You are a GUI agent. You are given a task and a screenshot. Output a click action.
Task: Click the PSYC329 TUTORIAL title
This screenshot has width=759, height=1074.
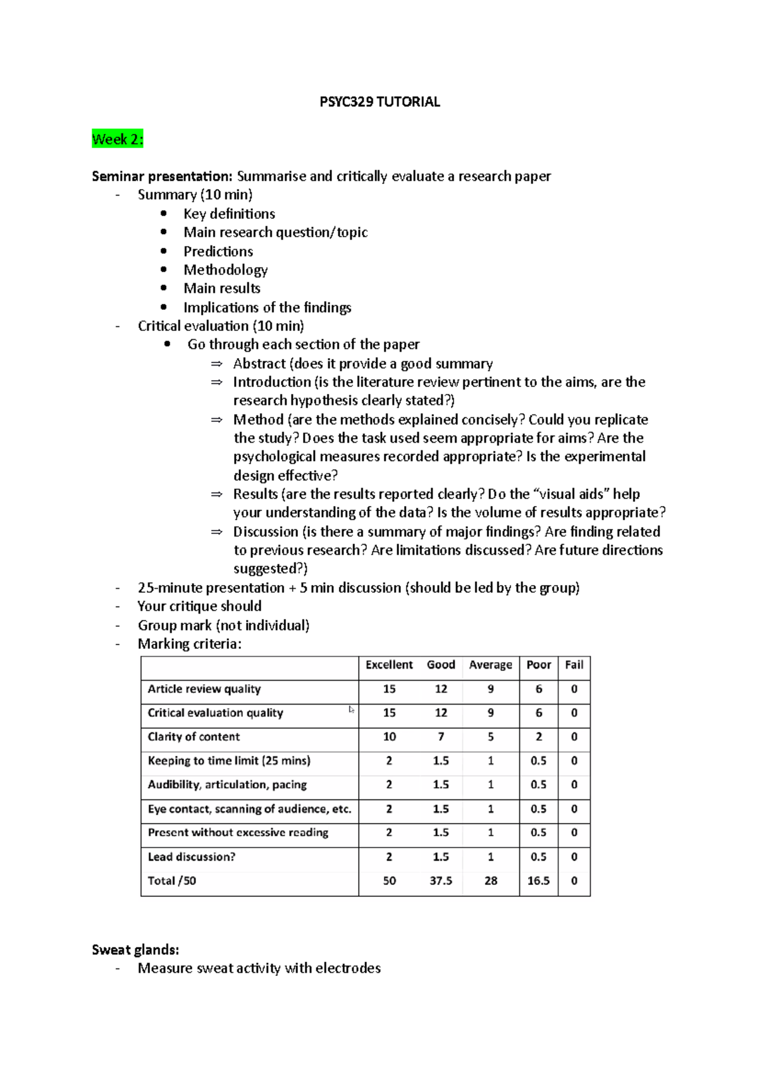coord(379,102)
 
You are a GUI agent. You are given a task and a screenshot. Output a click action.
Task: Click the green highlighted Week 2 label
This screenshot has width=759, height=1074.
coord(118,139)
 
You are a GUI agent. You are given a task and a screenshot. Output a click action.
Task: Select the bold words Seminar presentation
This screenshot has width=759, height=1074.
coord(162,176)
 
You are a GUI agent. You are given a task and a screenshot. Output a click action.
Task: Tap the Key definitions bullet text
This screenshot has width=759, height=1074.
coord(229,214)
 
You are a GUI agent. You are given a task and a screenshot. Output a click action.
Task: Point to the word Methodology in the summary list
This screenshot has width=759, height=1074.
coord(225,270)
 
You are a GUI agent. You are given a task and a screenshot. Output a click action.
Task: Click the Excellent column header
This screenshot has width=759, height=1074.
coord(389,665)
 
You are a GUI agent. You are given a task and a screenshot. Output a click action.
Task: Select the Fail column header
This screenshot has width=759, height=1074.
coord(574,665)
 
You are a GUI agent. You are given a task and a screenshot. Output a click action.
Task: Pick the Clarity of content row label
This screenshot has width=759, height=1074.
coord(194,737)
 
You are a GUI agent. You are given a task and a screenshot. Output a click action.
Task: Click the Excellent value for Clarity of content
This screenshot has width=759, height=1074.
coord(389,737)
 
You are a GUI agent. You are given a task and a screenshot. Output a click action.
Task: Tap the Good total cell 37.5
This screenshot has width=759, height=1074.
coord(441,880)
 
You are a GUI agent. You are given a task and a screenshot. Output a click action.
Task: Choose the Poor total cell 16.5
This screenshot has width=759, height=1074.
coord(538,880)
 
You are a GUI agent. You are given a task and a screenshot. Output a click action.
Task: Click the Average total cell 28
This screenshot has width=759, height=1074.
coord(491,880)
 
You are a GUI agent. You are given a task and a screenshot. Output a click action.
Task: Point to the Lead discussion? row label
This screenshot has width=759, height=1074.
coord(191,857)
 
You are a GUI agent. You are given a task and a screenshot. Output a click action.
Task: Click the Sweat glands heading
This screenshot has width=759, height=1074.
coord(135,949)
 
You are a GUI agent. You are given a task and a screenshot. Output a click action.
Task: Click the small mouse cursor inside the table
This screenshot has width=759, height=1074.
coord(351,710)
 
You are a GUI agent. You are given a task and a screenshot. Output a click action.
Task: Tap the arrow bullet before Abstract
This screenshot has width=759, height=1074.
coord(217,364)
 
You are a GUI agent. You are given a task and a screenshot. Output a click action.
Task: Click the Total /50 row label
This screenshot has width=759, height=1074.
coord(171,880)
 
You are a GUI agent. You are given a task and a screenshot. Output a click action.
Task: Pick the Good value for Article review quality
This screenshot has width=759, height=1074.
coord(441,689)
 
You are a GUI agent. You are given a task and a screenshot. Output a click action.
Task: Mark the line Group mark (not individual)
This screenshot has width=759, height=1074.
coord(223,626)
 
